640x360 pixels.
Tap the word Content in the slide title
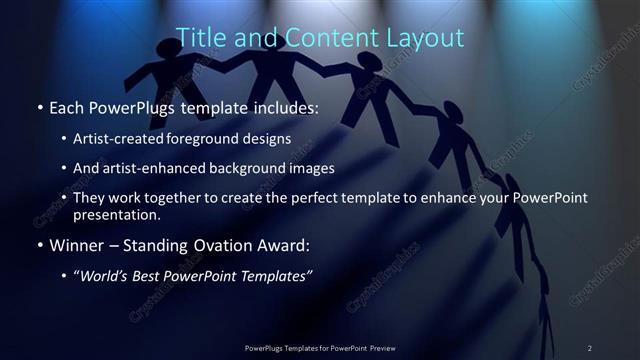click(319, 38)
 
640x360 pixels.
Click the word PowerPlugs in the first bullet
click(138, 106)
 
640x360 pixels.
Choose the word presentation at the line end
click(115, 214)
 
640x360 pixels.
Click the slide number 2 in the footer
click(589, 347)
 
